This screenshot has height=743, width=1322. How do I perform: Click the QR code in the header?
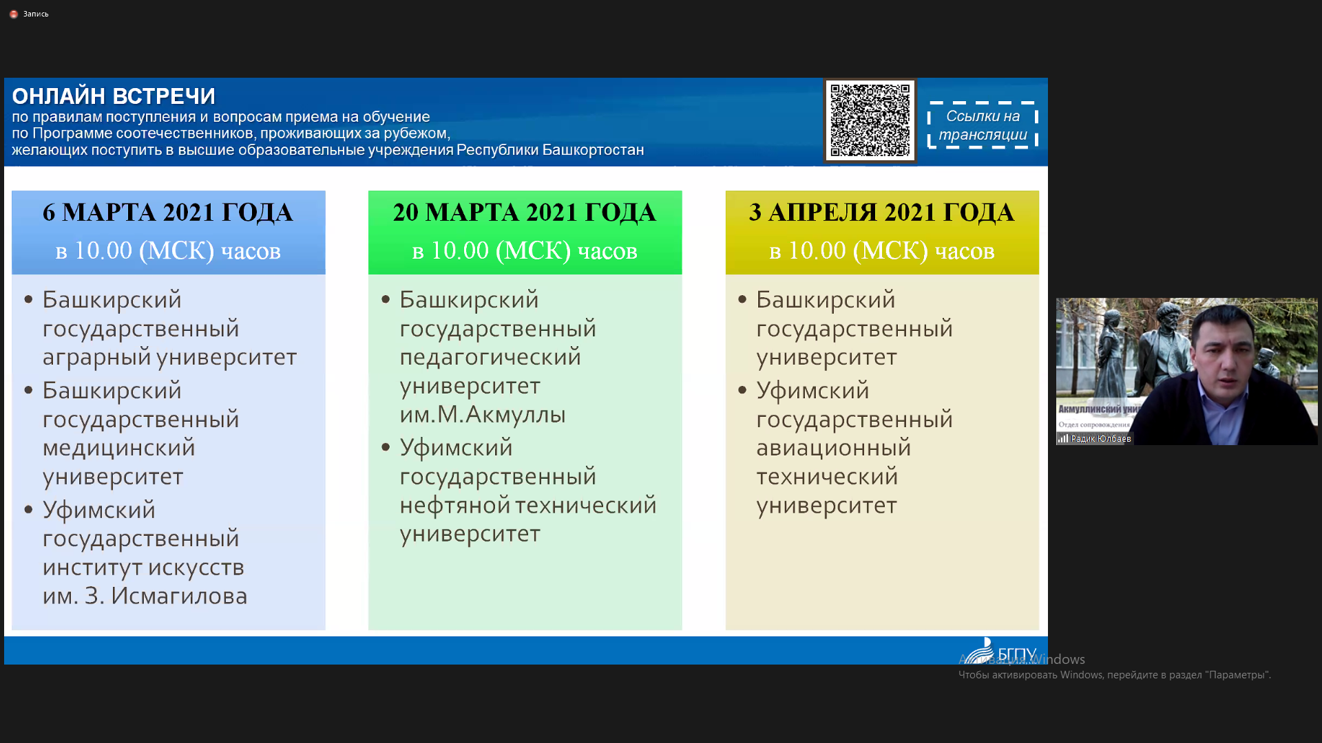[x=870, y=120]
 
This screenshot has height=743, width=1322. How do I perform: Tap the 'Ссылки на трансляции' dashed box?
[x=983, y=125]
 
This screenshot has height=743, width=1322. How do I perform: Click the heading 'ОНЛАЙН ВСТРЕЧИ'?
[x=114, y=96]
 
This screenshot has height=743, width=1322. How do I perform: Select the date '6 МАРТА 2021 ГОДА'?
[x=168, y=212]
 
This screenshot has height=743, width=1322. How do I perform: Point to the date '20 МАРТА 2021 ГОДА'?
[x=525, y=212]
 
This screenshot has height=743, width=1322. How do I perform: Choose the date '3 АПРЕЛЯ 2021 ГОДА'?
[x=882, y=212]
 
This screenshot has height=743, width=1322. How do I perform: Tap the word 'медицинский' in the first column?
[x=119, y=448]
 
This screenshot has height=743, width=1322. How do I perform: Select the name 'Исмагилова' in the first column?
[x=179, y=596]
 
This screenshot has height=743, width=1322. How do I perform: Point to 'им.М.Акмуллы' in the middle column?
[x=483, y=414]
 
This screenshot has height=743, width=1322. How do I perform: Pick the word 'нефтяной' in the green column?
[x=454, y=505]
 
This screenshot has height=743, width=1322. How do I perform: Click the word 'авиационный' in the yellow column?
[x=834, y=448]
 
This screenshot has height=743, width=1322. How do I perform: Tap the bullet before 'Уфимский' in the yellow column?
[x=742, y=390]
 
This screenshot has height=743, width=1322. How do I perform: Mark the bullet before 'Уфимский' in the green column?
[x=386, y=447]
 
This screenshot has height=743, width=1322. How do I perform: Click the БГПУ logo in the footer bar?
[x=998, y=651]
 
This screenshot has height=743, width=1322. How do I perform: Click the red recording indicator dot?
[x=14, y=14]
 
